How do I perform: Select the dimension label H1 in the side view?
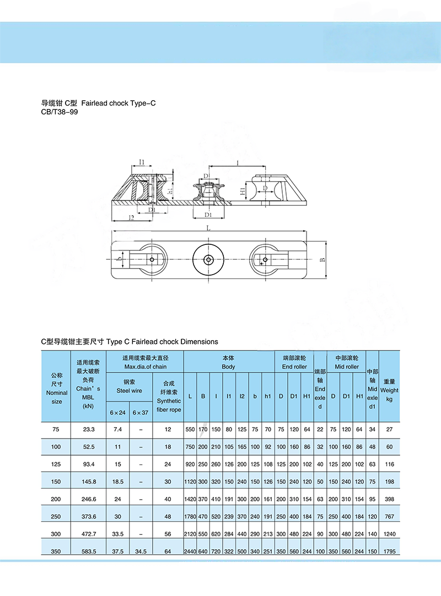(243, 191)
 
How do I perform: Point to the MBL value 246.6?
(88, 499)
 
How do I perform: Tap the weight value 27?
(389, 429)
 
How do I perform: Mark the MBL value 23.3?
(88, 429)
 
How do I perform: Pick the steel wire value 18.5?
(117, 482)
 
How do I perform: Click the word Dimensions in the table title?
(199, 341)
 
